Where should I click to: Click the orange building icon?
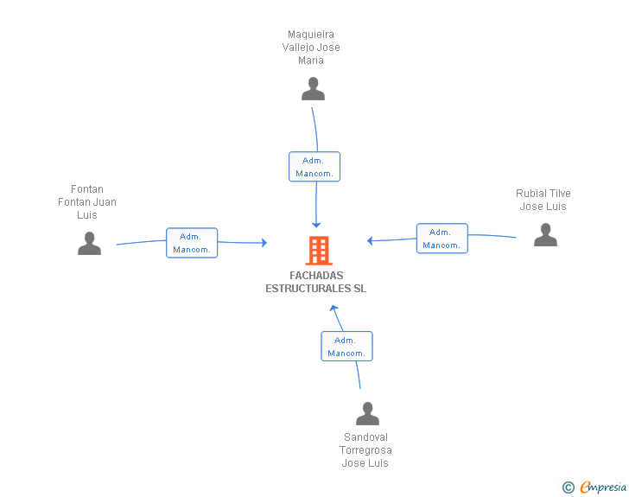coord(319,251)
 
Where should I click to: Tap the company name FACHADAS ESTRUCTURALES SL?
coord(315,282)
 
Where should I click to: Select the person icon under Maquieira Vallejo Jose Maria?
coord(313,89)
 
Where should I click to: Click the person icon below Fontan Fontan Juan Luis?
coord(89,243)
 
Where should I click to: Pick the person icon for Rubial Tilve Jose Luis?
coord(545,235)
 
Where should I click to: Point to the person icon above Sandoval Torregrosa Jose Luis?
coord(367,413)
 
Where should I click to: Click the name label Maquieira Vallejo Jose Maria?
coord(311,48)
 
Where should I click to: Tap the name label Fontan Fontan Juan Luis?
coord(87,202)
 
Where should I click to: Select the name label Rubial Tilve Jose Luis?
coord(543,200)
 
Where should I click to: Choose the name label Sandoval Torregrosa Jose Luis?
coord(365,450)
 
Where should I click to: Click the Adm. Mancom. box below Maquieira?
coord(314,167)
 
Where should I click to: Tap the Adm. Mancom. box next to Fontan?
coord(192,243)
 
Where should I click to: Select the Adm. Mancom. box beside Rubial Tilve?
coord(442,239)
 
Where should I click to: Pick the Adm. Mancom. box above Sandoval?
coord(346,347)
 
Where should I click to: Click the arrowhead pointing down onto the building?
coord(316,225)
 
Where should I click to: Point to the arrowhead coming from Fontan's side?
coord(264,243)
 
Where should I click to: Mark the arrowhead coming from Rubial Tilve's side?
coord(370,240)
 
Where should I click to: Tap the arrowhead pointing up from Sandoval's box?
coord(334,309)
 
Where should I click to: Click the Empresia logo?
coord(603,487)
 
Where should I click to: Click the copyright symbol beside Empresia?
coord(568,487)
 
